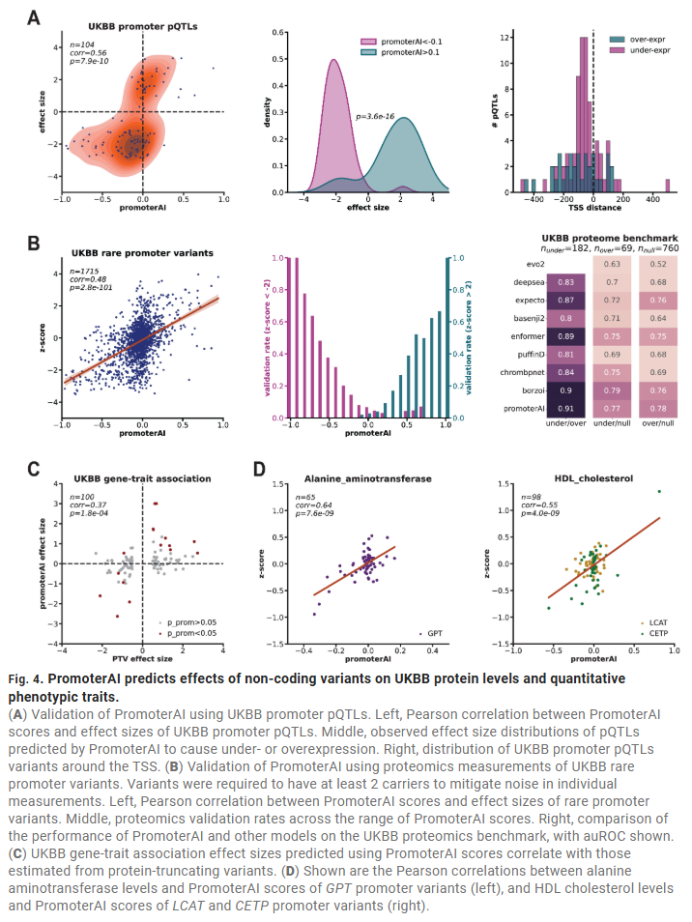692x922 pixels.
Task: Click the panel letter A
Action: coord(33,18)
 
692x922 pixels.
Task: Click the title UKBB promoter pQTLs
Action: coord(143,26)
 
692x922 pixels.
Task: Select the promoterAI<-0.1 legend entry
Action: coord(404,41)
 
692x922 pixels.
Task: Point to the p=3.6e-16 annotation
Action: coord(376,117)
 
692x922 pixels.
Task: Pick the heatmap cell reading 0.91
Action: coord(568,410)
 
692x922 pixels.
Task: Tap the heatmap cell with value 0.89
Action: coord(568,335)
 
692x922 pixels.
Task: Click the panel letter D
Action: coord(258,470)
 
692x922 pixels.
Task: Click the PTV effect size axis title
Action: coord(142,659)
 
